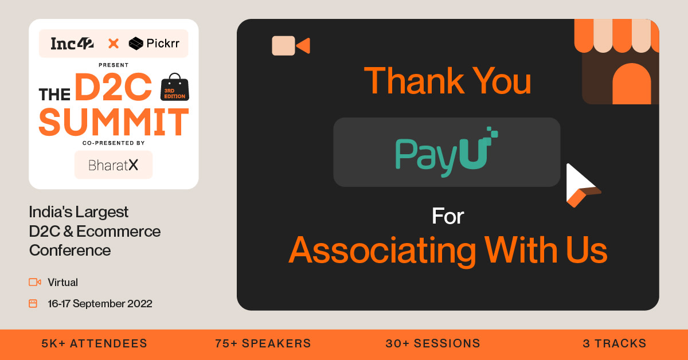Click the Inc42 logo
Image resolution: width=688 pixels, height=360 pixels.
point(72,43)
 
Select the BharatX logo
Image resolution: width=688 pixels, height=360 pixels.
point(114,165)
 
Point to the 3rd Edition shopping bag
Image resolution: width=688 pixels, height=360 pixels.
point(175,88)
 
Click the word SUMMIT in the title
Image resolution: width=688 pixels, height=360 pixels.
point(114,122)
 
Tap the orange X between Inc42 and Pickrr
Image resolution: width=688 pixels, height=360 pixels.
point(114,43)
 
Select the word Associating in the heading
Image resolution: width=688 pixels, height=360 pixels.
point(382,250)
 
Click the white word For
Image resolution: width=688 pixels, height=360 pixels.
point(448,217)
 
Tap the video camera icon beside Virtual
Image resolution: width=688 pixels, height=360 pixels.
point(35,282)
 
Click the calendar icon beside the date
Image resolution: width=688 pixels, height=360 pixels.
point(33,304)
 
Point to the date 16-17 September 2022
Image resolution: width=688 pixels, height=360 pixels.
point(100,304)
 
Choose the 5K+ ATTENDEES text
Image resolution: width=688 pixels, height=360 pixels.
point(95,343)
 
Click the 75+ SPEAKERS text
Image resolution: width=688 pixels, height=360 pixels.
point(263,343)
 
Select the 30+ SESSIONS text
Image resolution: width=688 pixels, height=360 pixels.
point(433,343)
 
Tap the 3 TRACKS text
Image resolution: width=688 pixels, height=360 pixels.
point(614,343)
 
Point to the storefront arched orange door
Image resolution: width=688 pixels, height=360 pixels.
point(631,84)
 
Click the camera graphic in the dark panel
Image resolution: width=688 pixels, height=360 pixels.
point(290,45)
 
